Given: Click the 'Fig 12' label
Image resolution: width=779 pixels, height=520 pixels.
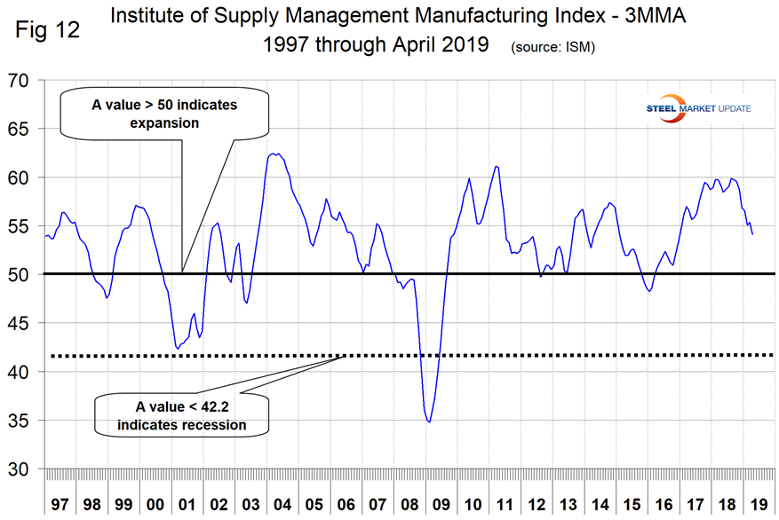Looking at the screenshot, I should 47,29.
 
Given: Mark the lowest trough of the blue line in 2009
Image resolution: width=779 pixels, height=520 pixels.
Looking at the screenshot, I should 430,422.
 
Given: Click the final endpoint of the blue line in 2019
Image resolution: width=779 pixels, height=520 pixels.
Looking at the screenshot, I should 753,234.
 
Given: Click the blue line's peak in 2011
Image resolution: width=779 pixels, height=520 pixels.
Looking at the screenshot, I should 496,166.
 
